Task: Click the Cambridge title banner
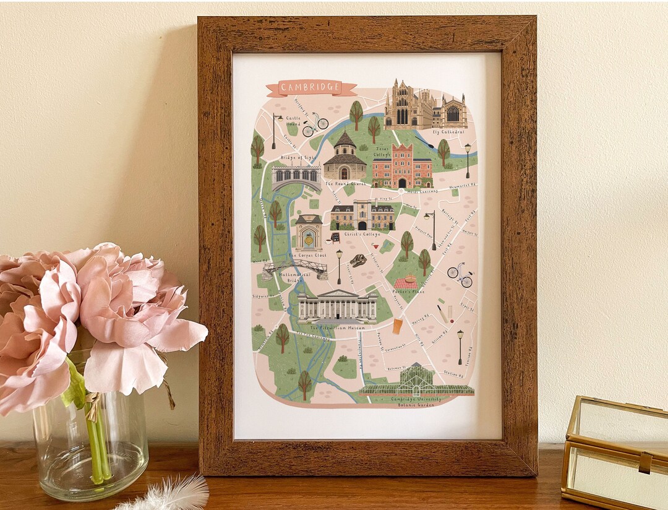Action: point(310,89)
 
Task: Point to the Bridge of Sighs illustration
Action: point(296,178)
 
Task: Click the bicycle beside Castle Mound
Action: point(315,124)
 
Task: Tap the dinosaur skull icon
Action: point(358,260)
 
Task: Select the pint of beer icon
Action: point(397,326)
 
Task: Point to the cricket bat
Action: point(443,314)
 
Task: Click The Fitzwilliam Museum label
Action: point(337,327)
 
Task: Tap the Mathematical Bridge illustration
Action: point(294,267)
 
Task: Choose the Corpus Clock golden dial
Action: point(308,238)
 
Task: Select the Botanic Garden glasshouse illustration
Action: point(416,381)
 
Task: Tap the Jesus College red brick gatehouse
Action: point(402,165)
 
